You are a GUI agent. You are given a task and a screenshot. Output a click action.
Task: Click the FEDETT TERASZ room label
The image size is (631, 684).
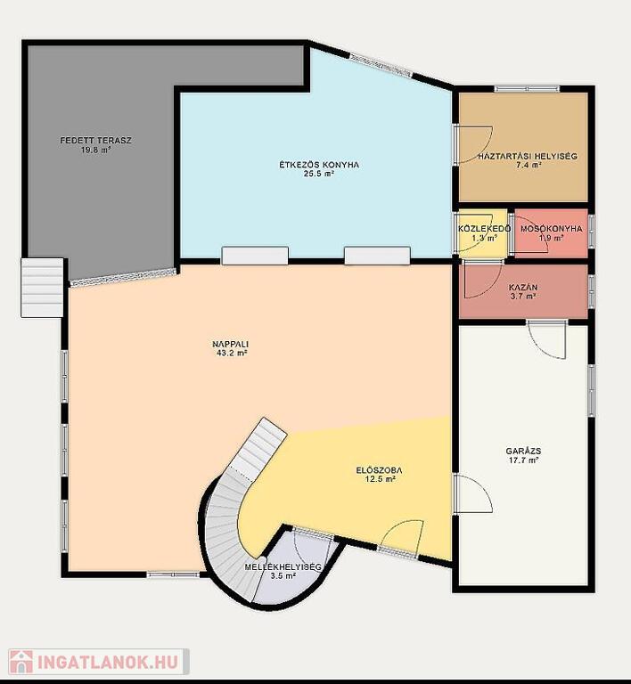[95, 141]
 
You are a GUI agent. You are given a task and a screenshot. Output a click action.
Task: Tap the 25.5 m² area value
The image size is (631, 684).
[319, 174]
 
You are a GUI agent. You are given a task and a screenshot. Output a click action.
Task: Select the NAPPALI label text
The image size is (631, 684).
[231, 344]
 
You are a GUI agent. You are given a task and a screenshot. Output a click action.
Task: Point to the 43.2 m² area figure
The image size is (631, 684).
[232, 354]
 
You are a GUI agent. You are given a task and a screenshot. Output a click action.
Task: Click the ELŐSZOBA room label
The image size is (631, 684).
[379, 470]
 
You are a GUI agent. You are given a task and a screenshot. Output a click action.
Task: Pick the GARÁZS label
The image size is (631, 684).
[524, 451]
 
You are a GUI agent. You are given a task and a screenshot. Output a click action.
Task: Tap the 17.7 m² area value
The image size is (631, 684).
[523, 460]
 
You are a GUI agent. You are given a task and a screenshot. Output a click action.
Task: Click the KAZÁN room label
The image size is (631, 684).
[523, 288]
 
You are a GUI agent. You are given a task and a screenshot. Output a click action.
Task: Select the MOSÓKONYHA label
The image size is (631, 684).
[551, 229]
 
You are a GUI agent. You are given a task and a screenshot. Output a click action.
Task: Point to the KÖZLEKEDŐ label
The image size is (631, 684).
[484, 229]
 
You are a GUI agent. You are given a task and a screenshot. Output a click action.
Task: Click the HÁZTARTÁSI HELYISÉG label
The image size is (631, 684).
[528, 156]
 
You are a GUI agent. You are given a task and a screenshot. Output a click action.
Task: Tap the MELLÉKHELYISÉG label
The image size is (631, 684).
[283, 567]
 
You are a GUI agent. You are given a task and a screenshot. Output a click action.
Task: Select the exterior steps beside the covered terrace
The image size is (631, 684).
[42, 288]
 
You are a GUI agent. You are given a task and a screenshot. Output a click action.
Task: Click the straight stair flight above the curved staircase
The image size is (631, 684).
[258, 449]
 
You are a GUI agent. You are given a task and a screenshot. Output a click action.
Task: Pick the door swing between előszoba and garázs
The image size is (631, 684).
[473, 493]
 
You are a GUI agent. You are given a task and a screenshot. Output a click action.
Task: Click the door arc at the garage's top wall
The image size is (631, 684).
[547, 339]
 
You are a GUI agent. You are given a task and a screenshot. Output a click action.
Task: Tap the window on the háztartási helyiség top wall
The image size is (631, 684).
[527, 89]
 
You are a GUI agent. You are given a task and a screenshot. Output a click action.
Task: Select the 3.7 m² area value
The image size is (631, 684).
[523, 297]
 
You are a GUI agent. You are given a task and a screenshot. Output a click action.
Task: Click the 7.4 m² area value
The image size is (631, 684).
[529, 165]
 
